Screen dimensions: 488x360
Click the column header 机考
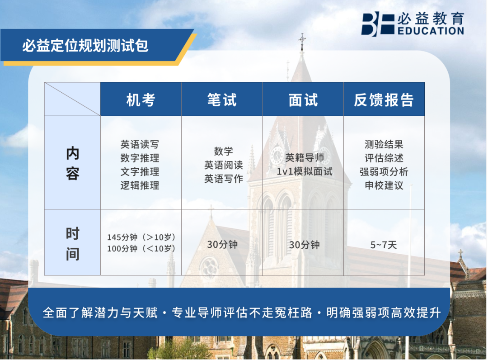point(141,100)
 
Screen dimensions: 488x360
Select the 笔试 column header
point(222,100)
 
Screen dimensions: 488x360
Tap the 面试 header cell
point(303,100)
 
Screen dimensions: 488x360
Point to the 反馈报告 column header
point(384,100)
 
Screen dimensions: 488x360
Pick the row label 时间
point(72,244)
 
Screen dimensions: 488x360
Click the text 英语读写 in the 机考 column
point(140,145)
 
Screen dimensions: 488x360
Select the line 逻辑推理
point(140,185)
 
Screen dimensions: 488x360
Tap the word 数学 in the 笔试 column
point(224,152)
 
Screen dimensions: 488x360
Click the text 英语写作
point(224,179)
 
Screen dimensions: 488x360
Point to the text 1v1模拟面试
point(305,171)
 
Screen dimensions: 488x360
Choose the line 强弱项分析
point(384,172)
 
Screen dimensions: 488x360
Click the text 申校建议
point(384,185)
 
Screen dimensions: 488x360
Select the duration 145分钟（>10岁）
point(141,237)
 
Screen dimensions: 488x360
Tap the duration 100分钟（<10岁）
point(141,248)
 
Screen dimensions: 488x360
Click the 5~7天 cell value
point(384,245)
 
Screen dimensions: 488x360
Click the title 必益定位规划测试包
point(85,46)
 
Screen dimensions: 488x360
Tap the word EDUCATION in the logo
point(431,31)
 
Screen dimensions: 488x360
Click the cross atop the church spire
point(302,39)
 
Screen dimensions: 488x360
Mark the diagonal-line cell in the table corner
point(72,99)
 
